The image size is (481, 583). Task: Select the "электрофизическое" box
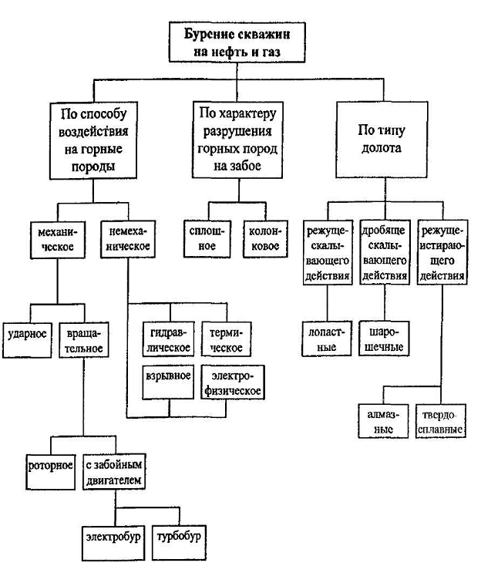pyautogui.click(x=230, y=381)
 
